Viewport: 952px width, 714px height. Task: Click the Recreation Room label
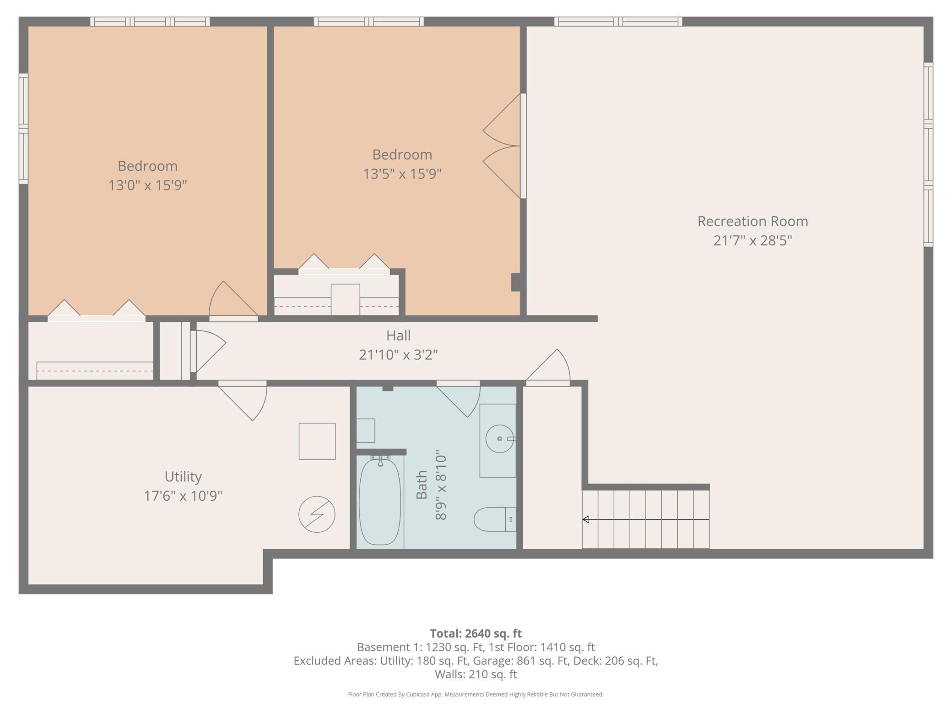(x=752, y=221)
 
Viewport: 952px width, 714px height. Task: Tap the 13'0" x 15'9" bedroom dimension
(x=148, y=185)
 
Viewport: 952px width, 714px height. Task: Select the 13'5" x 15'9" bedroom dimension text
(x=402, y=174)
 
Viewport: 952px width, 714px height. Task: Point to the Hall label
(x=398, y=335)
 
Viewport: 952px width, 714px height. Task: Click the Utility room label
(x=183, y=477)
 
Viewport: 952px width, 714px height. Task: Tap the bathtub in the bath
(x=380, y=502)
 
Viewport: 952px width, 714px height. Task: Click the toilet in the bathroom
(x=495, y=519)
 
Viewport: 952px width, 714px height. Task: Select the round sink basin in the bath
(x=499, y=439)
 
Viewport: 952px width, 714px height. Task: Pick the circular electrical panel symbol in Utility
(x=317, y=514)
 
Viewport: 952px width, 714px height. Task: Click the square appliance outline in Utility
(x=317, y=441)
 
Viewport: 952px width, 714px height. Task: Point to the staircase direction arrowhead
(x=585, y=519)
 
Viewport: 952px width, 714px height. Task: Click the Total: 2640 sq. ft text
(x=476, y=633)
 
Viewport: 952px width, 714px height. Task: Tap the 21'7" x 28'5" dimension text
(x=752, y=240)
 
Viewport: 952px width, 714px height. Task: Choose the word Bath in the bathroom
(x=422, y=485)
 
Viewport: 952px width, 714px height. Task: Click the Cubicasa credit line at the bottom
(x=476, y=694)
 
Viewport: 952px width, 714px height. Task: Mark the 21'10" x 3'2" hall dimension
(x=398, y=355)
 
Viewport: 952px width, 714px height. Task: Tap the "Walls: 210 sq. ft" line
(x=476, y=674)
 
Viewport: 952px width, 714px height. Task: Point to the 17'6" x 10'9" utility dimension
(x=183, y=496)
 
